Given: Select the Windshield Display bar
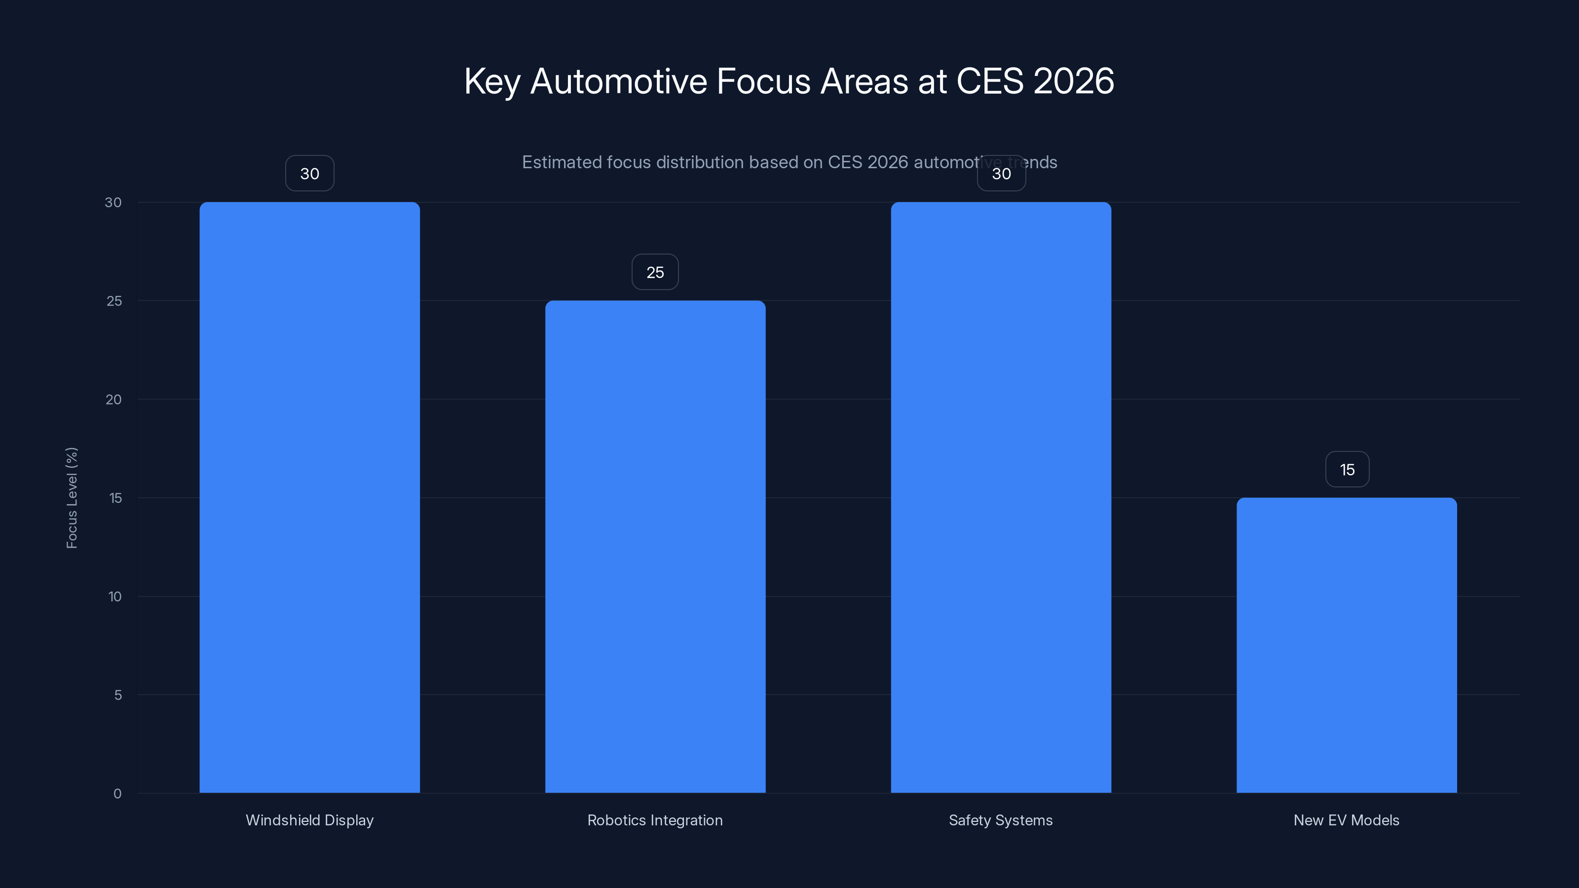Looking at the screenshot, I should click(309, 497).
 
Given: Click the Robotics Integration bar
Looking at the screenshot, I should click(655, 546).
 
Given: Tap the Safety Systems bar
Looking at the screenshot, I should click(1001, 497).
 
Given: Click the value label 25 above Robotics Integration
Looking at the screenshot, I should click(655, 272).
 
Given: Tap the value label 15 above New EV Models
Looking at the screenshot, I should click(1347, 470).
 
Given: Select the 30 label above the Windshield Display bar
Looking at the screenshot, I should click(309, 174).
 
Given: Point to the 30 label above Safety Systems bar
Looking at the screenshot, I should click(1002, 174).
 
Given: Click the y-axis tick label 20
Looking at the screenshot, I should click(113, 400).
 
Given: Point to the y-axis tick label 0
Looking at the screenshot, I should click(117, 794).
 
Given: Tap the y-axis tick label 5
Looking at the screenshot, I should click(118, 695).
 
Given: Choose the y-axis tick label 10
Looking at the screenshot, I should click(114, 596).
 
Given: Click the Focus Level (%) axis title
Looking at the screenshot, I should click(72, 498).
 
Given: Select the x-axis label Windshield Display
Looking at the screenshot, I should click(309, 820).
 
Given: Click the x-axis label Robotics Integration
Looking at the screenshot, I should click(655, 820).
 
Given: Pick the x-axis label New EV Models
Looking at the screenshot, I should click(1346, 820).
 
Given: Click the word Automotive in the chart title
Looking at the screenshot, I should click(618, 81).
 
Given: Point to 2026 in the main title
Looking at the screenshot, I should click(1073, 81).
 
